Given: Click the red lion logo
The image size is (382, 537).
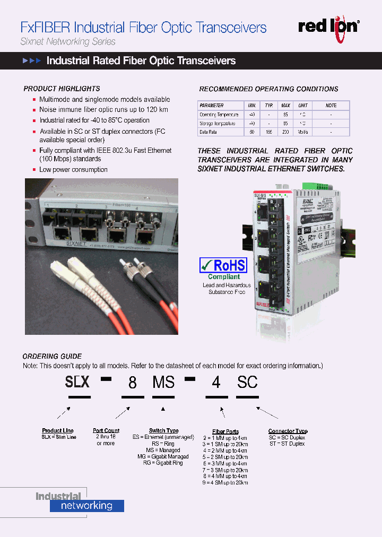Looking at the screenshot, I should (328, 25).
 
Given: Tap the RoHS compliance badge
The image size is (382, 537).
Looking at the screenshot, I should (223, 265).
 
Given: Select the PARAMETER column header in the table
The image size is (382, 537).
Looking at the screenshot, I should (212, 106).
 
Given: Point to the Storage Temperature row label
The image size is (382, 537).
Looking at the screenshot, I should (218, 123).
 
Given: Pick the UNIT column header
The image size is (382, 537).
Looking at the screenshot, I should (302, 106).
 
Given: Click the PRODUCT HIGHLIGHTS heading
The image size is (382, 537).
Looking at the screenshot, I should (62, 89).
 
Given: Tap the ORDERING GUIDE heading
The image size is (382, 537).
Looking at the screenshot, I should (52, 356).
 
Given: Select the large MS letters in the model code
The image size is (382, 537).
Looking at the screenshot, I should (163, 382).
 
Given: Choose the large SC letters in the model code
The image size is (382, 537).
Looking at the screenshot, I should (247, 382).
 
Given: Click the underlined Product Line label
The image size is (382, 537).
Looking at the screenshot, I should (58, 431).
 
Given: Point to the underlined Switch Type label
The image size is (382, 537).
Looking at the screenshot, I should (163, 431).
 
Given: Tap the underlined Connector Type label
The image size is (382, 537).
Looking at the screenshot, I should (288, 431).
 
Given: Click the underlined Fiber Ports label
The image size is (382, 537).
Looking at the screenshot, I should (225, 432).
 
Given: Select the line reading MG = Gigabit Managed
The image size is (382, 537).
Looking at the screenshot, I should (163, 456).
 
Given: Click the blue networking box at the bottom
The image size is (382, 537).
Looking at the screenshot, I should (87, 506).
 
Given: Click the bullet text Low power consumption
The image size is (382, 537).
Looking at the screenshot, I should (73, 170).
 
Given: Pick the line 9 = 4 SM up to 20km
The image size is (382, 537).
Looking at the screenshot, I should (225, 483).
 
